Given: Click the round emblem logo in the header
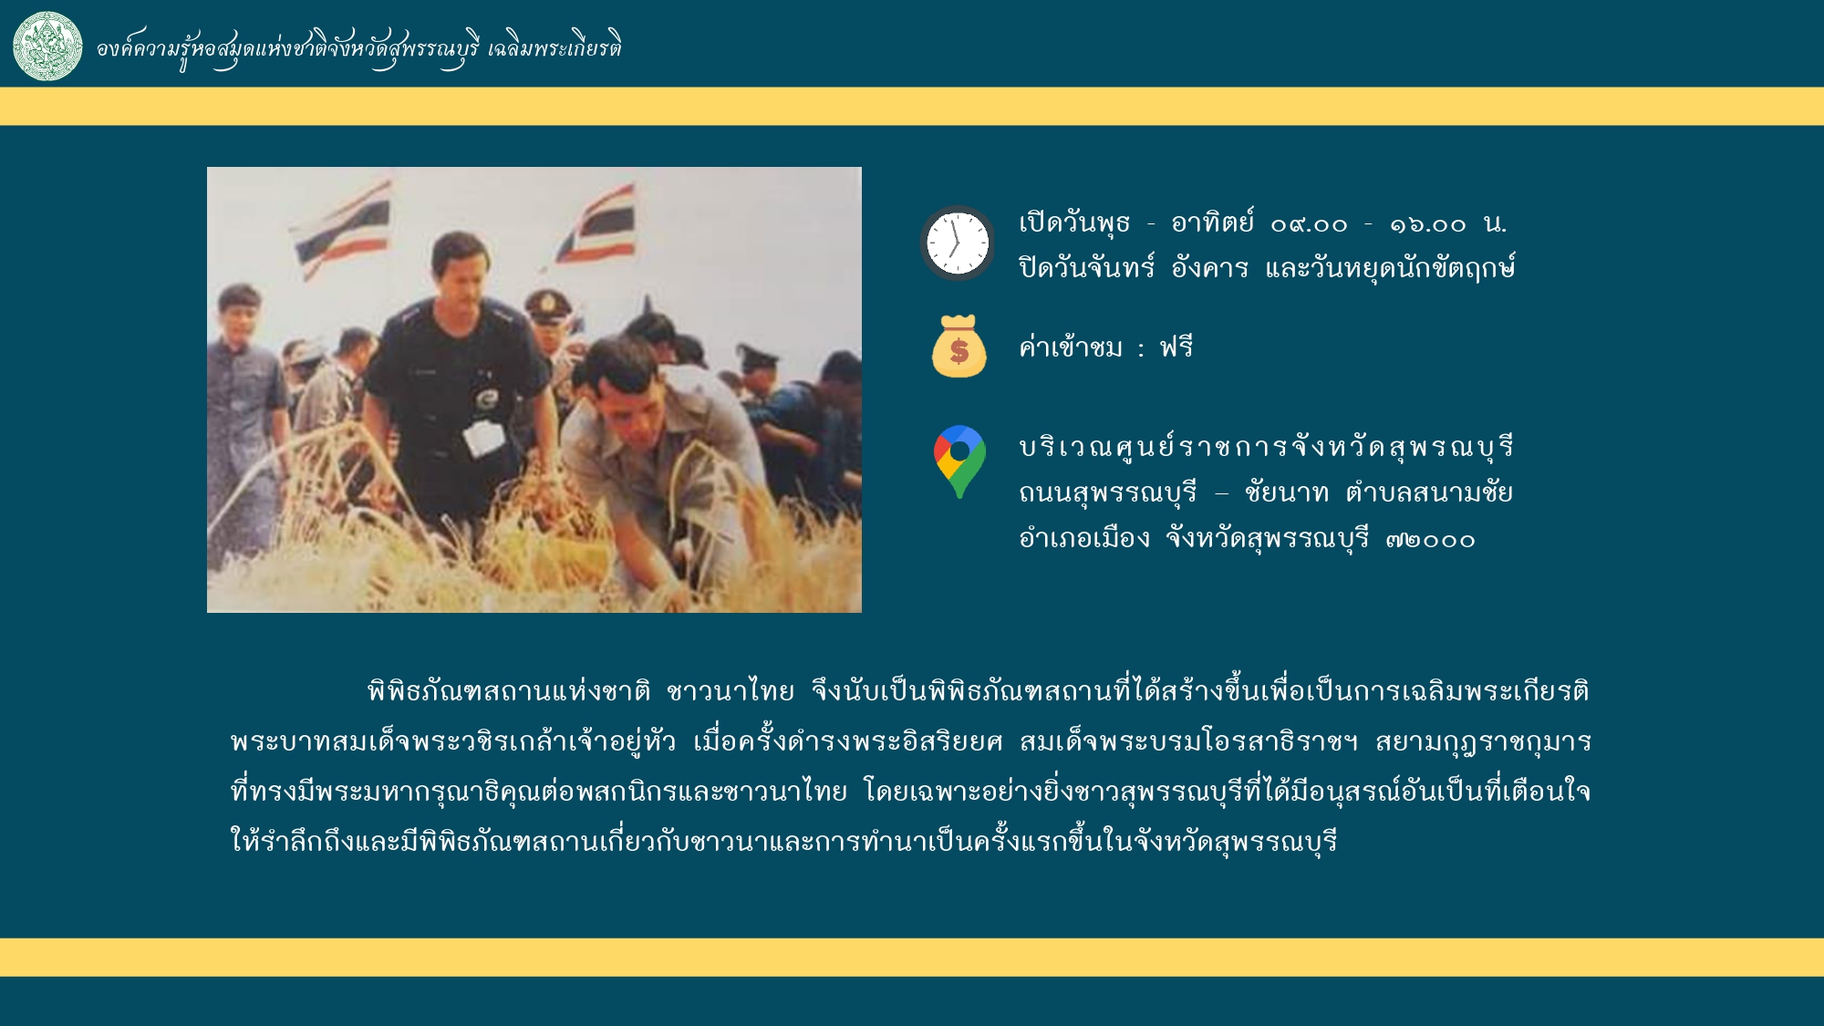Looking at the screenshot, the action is [x=47, y=46].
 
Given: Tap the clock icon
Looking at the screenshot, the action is [x=958, y=244].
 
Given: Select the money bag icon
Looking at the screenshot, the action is [x=959, y=347].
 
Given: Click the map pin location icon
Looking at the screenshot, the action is [x=959, y=461].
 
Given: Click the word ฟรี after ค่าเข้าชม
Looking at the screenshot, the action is [x=1176, y=347].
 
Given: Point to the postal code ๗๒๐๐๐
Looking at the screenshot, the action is [x=1430, y=540].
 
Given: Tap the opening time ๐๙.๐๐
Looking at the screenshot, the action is [x=1309, y=224].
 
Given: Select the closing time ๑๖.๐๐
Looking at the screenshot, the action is [x=1428, y=224].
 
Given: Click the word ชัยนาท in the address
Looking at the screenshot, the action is [x=1286, y=493].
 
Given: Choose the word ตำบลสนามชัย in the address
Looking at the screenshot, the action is [x=1429, y=493].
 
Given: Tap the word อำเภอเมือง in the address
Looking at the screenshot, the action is [x=1084, y=539].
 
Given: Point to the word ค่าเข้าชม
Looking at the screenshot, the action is [x=1071, y=347].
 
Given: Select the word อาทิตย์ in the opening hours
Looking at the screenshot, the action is [x=1213, y=223].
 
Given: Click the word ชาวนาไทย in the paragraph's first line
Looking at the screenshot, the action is [x=731, y=691].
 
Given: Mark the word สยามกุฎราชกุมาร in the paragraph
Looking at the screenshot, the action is [x=1484, y=742].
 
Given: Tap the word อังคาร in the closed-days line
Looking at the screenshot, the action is [x=1209, y=268].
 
